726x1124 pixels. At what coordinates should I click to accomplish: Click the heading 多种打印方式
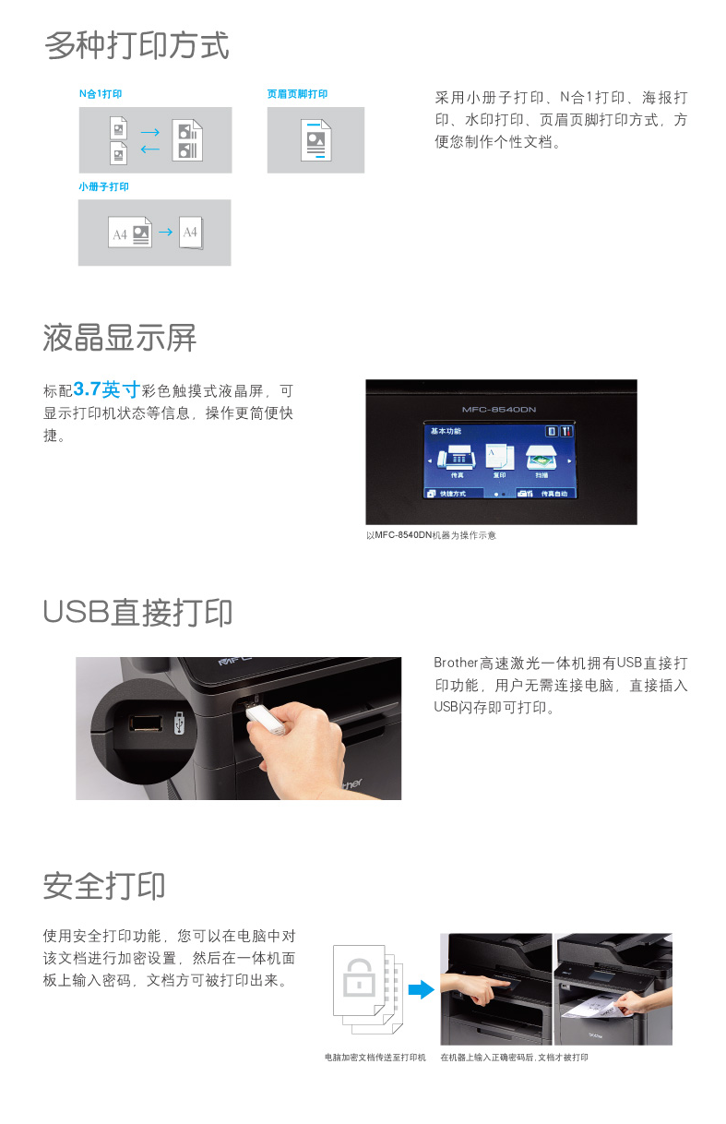point(137,45)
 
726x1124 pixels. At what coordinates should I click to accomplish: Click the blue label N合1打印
point(101,94)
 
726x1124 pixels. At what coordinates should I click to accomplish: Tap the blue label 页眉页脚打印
point(297,94)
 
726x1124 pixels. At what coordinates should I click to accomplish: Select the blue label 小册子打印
point(103,186)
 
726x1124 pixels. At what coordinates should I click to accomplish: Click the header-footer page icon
point(315,140)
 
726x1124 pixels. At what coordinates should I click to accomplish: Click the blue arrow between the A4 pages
point(165,232)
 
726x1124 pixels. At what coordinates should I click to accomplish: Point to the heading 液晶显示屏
point(119,338)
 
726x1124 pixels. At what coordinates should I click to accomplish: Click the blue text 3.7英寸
point(106,389)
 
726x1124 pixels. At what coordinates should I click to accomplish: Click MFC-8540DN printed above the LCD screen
point(499,410)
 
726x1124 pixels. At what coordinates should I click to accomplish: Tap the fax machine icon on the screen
point(456,457)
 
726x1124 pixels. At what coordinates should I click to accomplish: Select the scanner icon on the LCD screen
point(542,457)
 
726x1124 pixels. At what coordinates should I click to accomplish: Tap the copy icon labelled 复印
point(500,457)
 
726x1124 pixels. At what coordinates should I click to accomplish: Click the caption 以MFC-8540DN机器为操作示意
point(431,535)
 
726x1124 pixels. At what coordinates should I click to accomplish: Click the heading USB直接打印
point(137,612)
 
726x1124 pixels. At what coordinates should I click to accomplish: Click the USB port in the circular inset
point(146,723)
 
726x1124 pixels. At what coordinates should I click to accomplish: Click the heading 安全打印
point(104,886)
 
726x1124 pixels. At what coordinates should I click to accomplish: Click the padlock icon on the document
point(359,978)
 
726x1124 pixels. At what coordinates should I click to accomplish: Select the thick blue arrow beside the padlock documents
point(421,989)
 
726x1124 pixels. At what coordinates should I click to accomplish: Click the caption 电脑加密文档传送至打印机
point(375,1058)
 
